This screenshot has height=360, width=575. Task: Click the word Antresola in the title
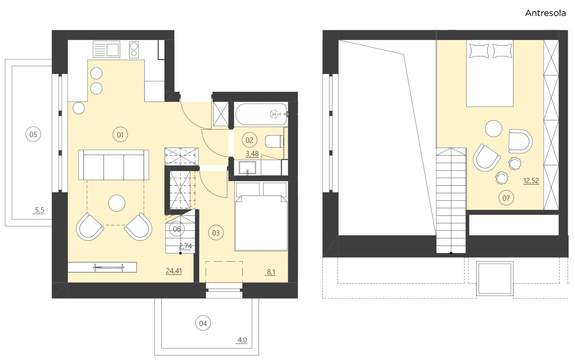pyautogui.click(x=545, y=13)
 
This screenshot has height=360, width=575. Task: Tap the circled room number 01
pyautogui.click(x=120, y=135)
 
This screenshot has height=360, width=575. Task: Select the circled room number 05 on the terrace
pyautogui.click(x=33, y=135)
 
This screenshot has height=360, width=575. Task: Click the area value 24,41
pyautogui.click(x=174, y=271)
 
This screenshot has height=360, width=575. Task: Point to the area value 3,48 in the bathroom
pyautogui.click(x=252, y=154)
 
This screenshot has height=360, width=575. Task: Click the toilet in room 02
pyautogui.click(x=274, y=141)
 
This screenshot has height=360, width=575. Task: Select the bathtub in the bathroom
pyautogui.click(x=261, y=114)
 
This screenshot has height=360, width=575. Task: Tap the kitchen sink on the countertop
pyautogui.click(x=106, y=49)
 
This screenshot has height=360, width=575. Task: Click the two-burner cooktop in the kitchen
pyautogui.click(x=134, y=50)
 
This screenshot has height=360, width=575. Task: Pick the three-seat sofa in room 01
pyautogui.click(x=113, y=165)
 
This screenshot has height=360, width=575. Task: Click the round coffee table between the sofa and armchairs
pyautogui.click(x=117, y=203)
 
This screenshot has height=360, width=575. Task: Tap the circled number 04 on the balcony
pyautogui.click(x=203, y=323)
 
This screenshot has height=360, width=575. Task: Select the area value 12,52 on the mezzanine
pyautogui.click(x=531, y=181)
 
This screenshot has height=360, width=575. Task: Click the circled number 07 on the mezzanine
pyautogui.click(x=506, y=198)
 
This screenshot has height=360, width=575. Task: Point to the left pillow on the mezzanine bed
pyautogui.click(x=479, y=51)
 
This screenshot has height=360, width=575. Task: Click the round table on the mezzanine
pyautogui.click(x=493, y=128)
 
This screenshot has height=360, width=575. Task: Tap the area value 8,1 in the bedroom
pyautogui.click(x=271, y=272)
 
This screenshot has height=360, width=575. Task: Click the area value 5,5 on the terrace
pyautogui.click(x=39, y=210)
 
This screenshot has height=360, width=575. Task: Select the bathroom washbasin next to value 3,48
pyautogui.click(x=247, y=167)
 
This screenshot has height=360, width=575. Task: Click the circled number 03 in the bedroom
pyautogui.click(x=216, y=233)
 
